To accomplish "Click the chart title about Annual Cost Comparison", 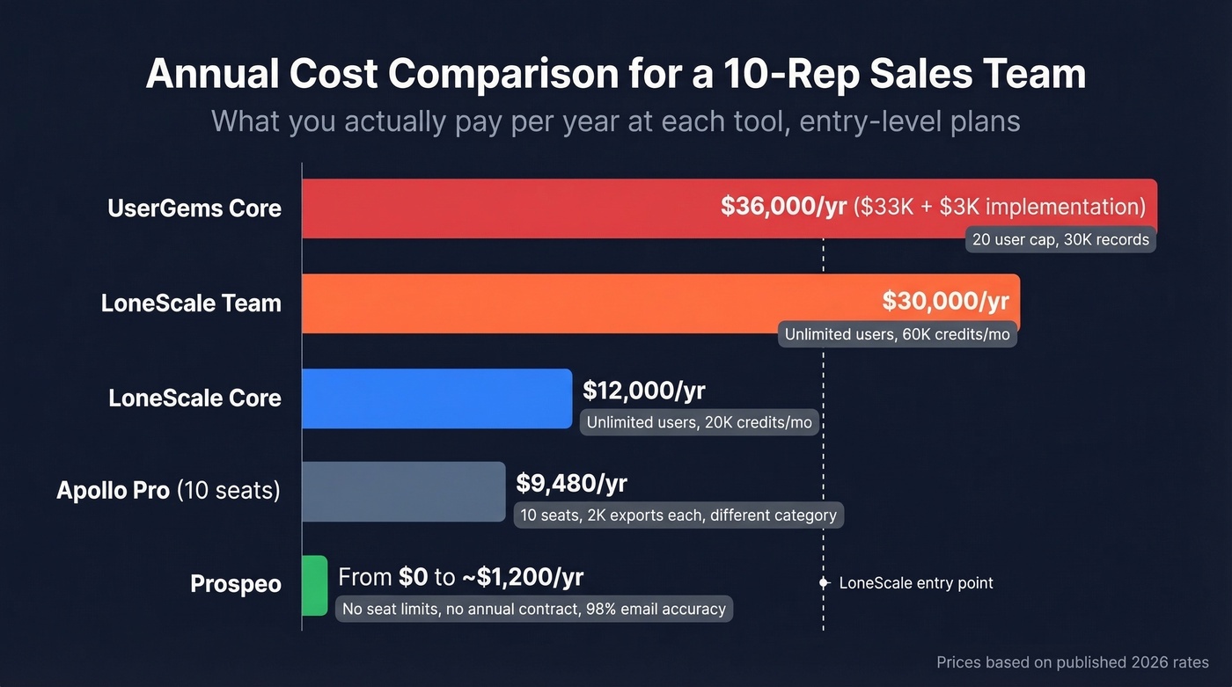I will [x=615, y=74].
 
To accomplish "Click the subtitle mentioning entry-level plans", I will [x=615, y=121].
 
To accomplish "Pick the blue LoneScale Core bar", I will [x=436, y=398].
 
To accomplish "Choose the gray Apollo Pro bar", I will [x=403, y=492].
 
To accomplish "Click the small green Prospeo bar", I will [x=314, y=585].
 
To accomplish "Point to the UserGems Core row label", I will [x=194, y=208].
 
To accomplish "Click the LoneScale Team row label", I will [x=191, y=303].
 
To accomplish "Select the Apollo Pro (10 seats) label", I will [x=168, y=490].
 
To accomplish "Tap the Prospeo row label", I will [x=236, y=584].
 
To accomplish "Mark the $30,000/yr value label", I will [x=945, y=301].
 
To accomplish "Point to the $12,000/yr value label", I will [x=644, y=390].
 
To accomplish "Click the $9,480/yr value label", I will [x=571, y=483].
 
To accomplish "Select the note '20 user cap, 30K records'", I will [x=1060, y=239].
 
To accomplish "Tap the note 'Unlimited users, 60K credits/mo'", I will [x=897, y=334].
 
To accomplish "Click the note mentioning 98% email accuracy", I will [x=533, y=609].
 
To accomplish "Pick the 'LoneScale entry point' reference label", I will [x=915, y=583].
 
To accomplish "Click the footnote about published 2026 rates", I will [x=1072, y=662].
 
